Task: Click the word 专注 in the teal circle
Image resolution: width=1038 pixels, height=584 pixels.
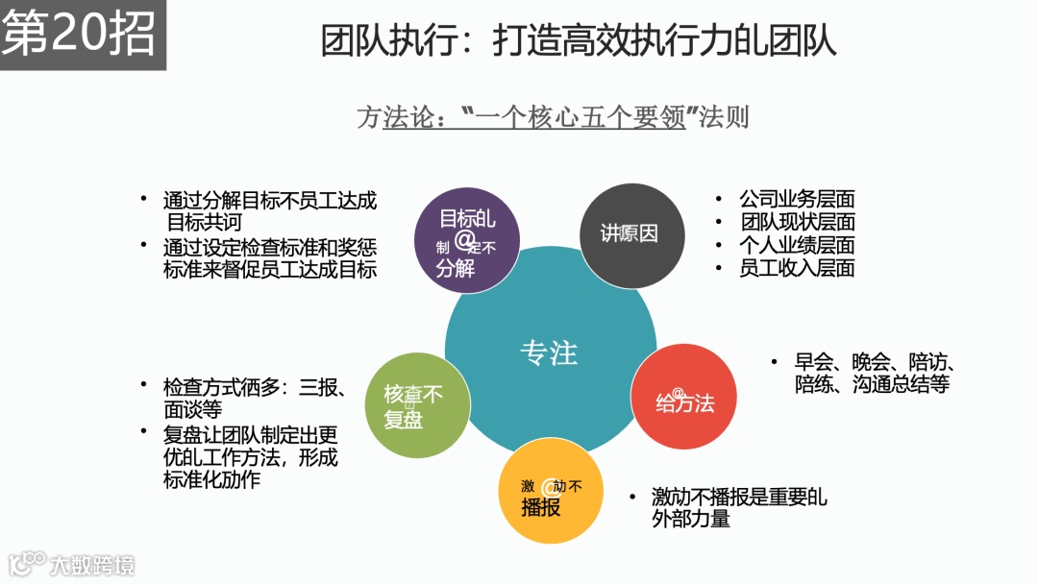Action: (x=549, y=353)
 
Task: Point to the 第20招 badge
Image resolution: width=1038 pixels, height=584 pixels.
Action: (x=82, y=35)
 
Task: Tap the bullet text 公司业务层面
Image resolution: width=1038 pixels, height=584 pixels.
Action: (x=797, y=200)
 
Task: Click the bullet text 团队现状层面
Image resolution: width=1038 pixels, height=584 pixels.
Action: (x=797, y=223)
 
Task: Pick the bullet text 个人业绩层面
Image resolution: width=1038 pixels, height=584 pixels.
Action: (x=797, y=246)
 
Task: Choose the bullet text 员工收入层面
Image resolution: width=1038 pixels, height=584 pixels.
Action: (x=797, y=269)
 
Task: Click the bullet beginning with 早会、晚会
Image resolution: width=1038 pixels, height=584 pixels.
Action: (x=872, y=373)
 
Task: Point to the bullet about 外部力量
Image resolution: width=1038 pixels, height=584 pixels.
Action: (x=738, y=508)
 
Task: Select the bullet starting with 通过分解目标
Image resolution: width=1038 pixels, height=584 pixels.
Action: (x=269, y=211)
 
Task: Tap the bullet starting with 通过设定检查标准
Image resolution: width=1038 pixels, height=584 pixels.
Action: (x=269, y=257)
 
